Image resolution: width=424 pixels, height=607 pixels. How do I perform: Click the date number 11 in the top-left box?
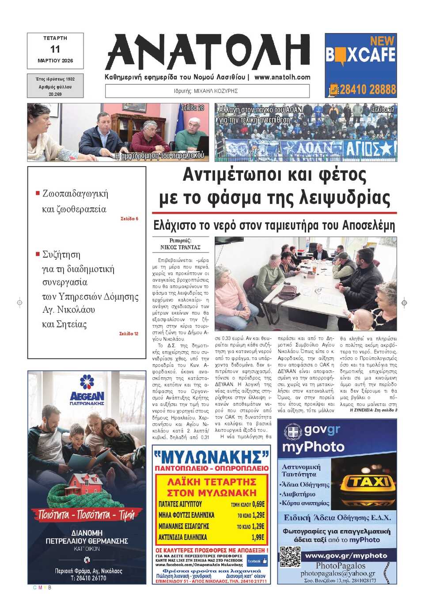coord(55,49)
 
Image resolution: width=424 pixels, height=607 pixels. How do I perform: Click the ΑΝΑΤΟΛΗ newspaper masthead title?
coord(208,52)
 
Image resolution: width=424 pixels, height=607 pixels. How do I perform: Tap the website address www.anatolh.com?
coord(282,77)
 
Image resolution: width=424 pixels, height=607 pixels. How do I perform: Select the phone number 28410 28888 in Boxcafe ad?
coord(367,90)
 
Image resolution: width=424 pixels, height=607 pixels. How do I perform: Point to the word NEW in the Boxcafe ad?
coord(382,41)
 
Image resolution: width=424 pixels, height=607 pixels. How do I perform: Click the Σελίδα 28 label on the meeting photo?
coord(193,108)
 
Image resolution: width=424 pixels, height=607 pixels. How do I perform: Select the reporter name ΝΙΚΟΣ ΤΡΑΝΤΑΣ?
coord(180,247)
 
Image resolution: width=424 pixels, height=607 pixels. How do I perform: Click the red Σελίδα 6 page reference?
coord(129,219)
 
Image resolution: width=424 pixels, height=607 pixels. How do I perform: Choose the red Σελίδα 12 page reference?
coord(129,334)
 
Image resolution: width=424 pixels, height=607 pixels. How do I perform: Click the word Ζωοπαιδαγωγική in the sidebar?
coord(75,193)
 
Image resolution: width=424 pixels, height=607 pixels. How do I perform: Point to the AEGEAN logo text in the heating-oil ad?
coord(87,396)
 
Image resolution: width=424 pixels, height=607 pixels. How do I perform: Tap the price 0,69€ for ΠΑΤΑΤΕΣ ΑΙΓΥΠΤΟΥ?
coord(258,504)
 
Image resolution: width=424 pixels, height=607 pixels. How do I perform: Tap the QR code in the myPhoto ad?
coord(290,557)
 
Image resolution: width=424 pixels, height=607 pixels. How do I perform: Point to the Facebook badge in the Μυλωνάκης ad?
coord(257,561)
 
